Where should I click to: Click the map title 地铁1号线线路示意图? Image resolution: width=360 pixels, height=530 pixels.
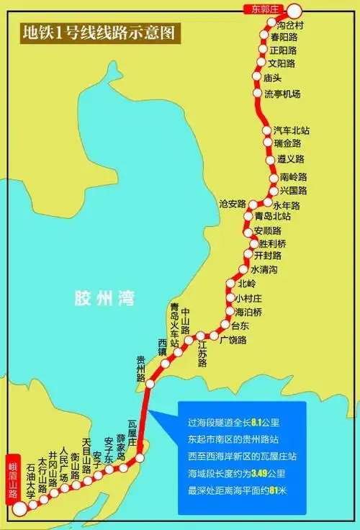101,32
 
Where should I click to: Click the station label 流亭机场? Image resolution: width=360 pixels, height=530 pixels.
282,94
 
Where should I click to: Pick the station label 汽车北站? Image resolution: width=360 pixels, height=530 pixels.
291,131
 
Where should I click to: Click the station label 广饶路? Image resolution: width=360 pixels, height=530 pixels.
233,340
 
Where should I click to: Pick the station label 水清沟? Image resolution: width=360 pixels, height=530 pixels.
264,269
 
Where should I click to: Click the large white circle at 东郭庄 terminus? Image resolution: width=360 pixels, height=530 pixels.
296,10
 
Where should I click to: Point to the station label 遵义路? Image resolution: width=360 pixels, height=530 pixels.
290,158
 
